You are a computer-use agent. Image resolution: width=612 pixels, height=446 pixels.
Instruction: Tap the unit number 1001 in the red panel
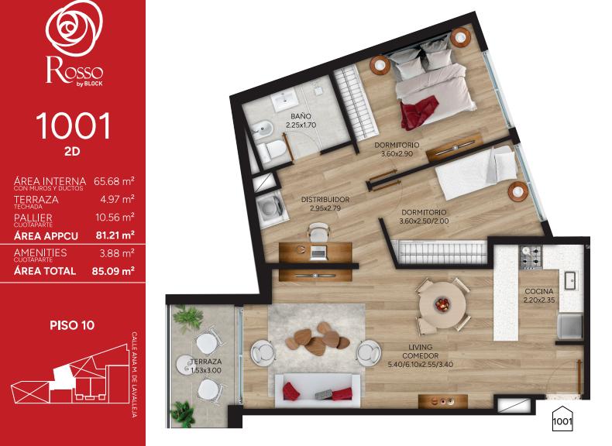[x=74, y=126]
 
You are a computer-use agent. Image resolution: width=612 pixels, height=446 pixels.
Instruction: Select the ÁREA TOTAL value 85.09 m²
[x=113, y=271]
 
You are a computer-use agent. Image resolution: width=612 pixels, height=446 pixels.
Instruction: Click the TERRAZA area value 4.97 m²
[x=117, y=199]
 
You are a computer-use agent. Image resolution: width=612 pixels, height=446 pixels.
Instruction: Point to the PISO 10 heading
[x=72, y=325]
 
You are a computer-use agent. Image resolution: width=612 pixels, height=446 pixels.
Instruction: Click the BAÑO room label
[x=301, y=116]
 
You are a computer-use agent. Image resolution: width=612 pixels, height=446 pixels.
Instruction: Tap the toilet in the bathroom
[x=272, y=151]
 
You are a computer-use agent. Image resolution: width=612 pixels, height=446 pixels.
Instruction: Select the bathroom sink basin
[x=286, y=100]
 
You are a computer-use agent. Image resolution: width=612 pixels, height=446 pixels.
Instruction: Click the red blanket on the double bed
[x=418, y=112]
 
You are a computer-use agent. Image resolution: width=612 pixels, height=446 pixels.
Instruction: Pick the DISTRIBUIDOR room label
[x=325, y=200]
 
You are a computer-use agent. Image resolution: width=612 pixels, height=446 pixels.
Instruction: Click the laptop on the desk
[x=318, y=253]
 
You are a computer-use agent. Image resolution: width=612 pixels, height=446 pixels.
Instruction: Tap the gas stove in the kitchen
[x=531, y=258]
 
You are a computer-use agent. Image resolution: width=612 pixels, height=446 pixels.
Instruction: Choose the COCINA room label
[x=539, y=291]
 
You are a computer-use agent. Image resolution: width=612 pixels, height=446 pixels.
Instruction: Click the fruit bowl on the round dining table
[x=442, y=304]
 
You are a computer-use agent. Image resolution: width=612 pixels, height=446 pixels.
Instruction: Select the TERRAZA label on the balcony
[x=206, y=362]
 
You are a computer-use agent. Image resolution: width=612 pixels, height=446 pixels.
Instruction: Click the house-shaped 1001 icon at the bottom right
[x=562, y=419]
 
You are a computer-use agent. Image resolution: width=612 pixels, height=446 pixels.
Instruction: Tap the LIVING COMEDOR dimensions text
[x=421, y=365]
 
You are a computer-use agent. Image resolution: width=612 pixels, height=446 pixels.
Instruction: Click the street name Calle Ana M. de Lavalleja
[x=134, y=375]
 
